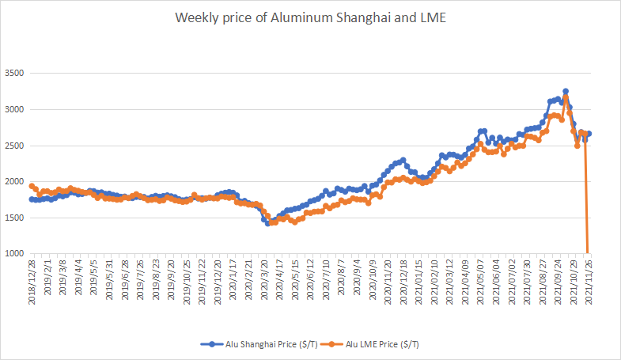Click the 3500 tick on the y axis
tap(14, 74)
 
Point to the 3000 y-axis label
tap(14, 110)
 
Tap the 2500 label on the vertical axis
tap(14, 146)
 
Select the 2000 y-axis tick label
tap(14, 182)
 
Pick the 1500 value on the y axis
tap(14, 218)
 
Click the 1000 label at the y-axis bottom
tap(14, 254)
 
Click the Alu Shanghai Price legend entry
tap(259, 344)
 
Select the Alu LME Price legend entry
tap(373, 344)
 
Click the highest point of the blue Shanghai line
tap(566, 92)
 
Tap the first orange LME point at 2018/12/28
tap(32, 186)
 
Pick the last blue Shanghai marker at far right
tap(589, 134)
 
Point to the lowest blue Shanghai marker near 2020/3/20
tap(267, 223)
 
